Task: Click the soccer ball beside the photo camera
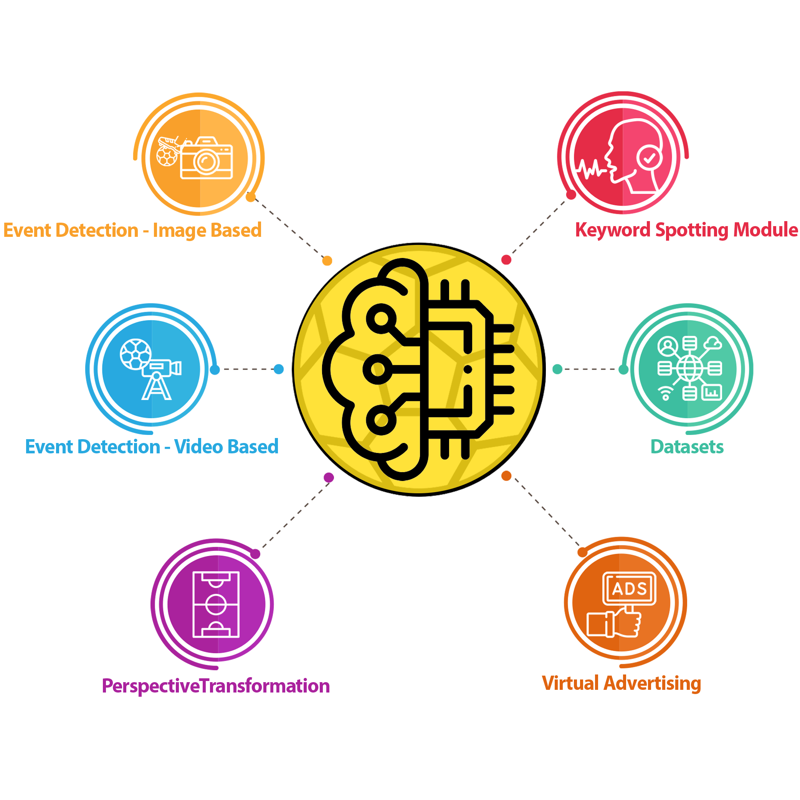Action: pyautogui.click(x=167, y=157)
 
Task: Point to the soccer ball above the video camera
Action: pyautogui.click(x=136, y=354)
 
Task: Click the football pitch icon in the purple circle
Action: pyautogui.click(x=216, y=605)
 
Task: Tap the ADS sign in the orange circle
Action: pyautogui.click(x=629, y=588)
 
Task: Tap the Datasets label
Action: pyautogui.click(x=687, y=446)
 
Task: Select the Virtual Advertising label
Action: pyautogui.click(x=621, y=683)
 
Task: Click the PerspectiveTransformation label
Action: pyautogui.click(x=216, y=686)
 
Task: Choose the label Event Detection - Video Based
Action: pyautogui.click(x=152, y=446)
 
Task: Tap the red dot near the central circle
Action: pyautogui.click(x=506, y=260)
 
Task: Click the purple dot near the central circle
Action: pyautogui.click(x=329, y=477)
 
